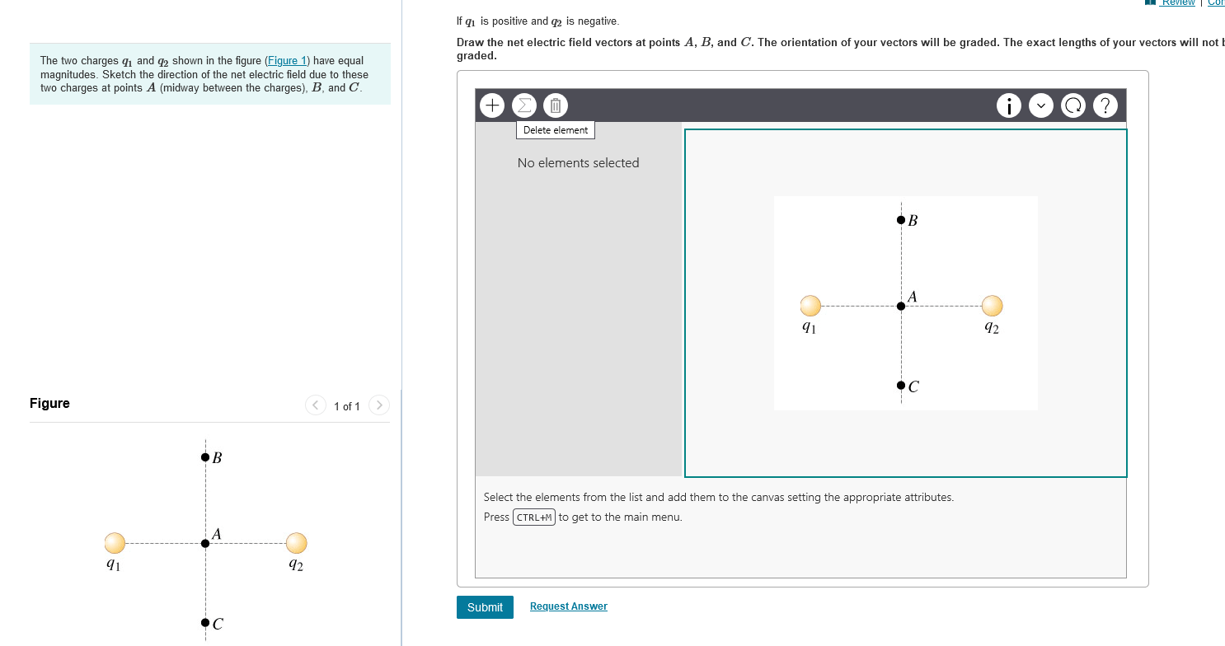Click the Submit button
pyautogui.click(x=485, y=607)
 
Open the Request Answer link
pyautogui.click(x=568, y=606)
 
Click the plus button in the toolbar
pyautogui.click(x=492, y=105)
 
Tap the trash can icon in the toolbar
pyautogui.click(x=555, y=105)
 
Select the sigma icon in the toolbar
pyautogui.click(x=523, y=105)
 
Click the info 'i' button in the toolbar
pyautogui.click(x=1009, y=106)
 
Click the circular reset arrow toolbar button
pyautogui.click(x=1073, y=106)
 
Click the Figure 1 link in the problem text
pyautogui.click(x=287, y=61)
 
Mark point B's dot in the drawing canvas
pyautogui.click(x=900, y=220)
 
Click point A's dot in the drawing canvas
pyautogui.click(x=900, y=306)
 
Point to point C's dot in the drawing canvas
pyautogui.click(x=900, y=385)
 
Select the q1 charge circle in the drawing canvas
pyautogui.click(x=810, y=306)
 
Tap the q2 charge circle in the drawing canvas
pyautogui.click(x=992, y=306)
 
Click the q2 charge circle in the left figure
pyautogui.click(x=296, y=543)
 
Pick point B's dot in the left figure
pyautogui.click(x=204, y=457)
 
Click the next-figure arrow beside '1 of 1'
pyautogui.click(x=378, y=405)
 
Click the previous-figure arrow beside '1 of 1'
pyautogui.click(x=316, y=405)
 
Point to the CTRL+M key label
pyautogui.click(x=534, y=517)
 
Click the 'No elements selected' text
pyautogui.click(x=578, y=163)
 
